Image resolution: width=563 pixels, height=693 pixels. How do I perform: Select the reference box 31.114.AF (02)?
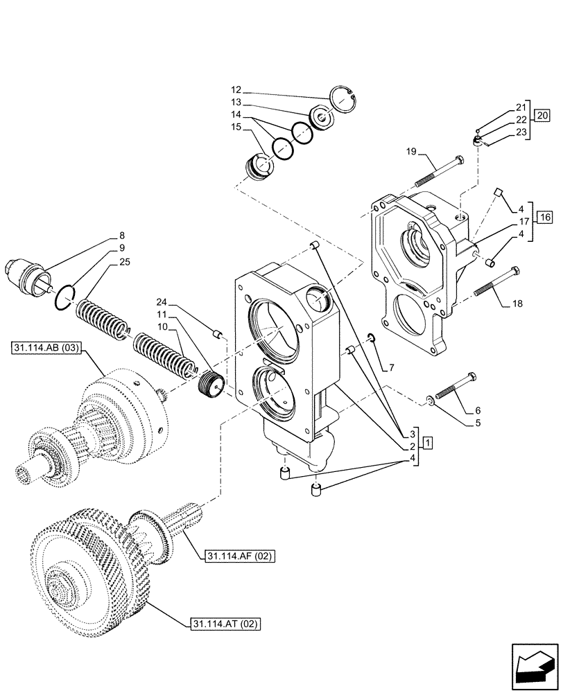(237, 556)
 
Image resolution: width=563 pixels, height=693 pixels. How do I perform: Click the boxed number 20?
(542, 115)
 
